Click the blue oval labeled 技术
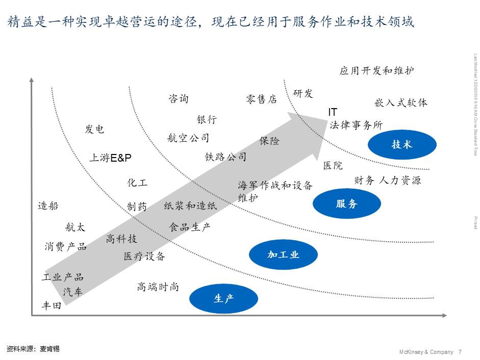(x=402, y=145)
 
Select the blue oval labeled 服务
(x=347, y=204)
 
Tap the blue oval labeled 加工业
(x=284, y=254)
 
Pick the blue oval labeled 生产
(x=223, y=298)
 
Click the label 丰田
(x=52, y=306)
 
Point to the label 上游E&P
(x=111, y=158)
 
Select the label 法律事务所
(x=356, y=125)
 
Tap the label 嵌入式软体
(x=401, y=102)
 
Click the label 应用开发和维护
(x=376, y=71)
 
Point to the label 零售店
(x=261, y=99)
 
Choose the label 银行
(x=207, y=119)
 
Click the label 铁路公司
(x=225, y=157)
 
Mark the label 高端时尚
(x=158, y=287)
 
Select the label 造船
(x=48, y=206)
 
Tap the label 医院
(x=333, y=166)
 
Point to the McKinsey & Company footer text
(x=426, y=352)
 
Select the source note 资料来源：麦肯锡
(x=33, y=349)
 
